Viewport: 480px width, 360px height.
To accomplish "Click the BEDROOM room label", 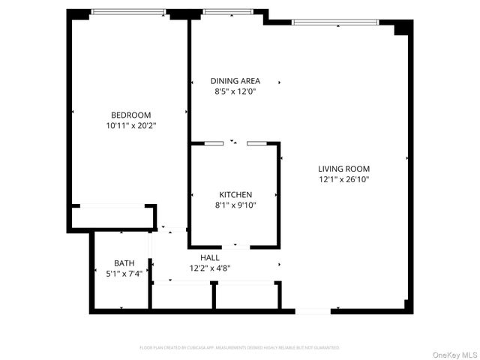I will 132,115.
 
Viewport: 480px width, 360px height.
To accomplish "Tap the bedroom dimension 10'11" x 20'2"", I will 132,126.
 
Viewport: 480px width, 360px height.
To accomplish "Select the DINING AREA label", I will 235,81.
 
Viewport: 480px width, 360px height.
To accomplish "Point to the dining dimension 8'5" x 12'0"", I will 235,92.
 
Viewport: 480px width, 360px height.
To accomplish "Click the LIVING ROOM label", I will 343,169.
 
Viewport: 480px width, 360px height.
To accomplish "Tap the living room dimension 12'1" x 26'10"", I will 343,179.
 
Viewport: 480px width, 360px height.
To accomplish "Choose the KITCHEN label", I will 235,194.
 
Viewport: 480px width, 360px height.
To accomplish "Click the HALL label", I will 210,257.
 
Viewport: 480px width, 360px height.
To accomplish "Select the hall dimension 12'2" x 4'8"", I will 210,268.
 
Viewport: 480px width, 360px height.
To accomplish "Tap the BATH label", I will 124,262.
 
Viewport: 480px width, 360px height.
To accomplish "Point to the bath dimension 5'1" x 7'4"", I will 124,273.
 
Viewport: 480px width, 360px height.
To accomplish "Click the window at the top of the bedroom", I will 128,12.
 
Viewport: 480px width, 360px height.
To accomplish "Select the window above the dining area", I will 227,12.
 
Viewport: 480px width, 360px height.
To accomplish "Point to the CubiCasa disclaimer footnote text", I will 239,348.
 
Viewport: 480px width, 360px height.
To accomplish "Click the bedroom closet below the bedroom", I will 113,218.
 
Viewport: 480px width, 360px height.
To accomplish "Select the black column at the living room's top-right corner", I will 403,28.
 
